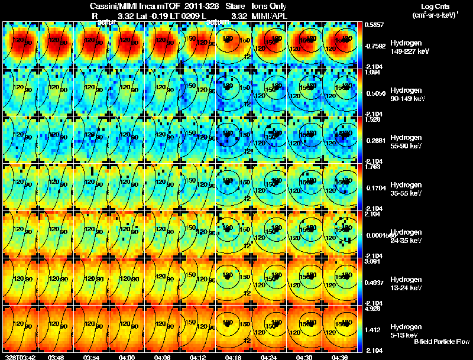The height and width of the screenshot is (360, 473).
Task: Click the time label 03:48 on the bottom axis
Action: [x=56, y=356]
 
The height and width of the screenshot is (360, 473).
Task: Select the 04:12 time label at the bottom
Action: [x=198, y=356]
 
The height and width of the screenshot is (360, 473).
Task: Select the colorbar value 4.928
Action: [x=372, y=308]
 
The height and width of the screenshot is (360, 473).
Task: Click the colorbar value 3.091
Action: [x=372, y=261]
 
